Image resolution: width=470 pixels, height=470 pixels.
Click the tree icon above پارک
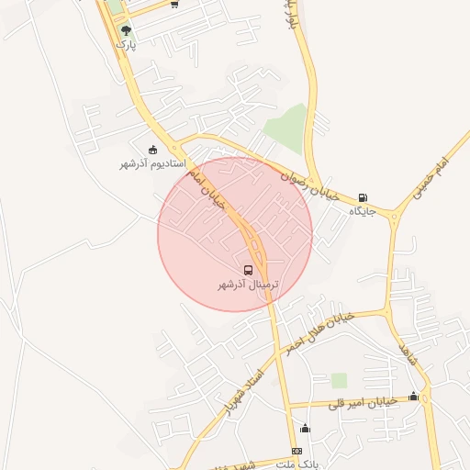pos(126,30)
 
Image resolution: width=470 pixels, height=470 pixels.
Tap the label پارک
pos(126,44)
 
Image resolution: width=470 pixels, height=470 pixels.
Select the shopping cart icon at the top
pos(174,4)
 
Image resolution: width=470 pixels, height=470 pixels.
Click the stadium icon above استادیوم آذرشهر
pos(152,150)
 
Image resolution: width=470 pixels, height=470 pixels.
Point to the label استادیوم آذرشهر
pos(152,163)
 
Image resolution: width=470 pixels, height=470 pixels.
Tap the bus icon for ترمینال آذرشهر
pos(248,270)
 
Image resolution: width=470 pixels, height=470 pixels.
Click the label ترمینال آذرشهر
pos(247,285)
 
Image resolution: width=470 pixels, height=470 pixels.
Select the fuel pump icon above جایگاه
pos(363,196)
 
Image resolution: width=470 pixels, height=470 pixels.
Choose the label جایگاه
pos(364,211)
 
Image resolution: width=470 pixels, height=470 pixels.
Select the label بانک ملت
pos(297,465)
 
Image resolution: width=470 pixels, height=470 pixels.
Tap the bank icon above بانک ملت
pos(297,452)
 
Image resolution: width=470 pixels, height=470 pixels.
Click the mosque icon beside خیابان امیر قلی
pos(413,397)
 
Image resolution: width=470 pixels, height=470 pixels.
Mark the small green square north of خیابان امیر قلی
pos(340,380)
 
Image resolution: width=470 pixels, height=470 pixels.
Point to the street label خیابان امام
pos(211,189)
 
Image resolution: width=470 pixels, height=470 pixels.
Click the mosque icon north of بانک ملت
pos(305,429)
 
